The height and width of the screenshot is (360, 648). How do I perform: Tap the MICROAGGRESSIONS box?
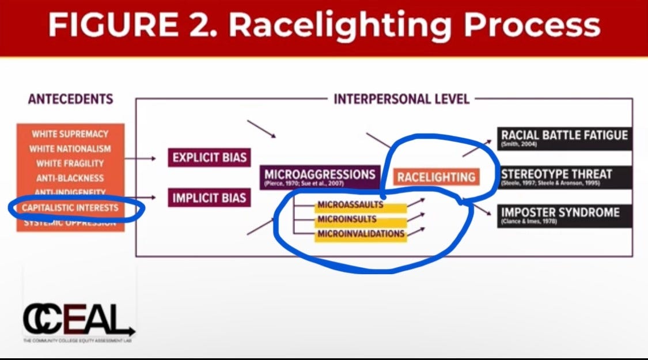[x=320, y=176]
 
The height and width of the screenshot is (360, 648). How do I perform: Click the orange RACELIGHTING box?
[x=437, y=176]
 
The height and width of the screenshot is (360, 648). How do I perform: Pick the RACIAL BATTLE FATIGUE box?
[x=564, y=138]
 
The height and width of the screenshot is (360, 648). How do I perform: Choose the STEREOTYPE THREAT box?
[x=564, y=176]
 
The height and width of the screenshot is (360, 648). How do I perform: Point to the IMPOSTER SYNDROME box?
[x=564, y=215]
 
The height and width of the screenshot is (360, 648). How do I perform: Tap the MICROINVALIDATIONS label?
[x=360, y=234]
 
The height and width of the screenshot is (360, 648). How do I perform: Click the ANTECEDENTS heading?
[x=70, y=99]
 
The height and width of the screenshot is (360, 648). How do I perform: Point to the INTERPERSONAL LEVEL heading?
[x=401, y=99]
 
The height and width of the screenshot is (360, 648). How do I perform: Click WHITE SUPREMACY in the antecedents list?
[x=70, y=134]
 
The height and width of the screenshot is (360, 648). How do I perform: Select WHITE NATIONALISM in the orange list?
[x=70, y=149]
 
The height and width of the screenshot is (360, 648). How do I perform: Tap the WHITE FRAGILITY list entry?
[x=70, y=164]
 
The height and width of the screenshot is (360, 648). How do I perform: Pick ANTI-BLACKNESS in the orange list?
[x=70, y=178]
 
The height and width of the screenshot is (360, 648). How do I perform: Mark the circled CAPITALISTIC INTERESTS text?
[x=70, y=207]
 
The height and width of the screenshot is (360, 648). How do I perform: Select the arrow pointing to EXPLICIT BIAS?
[x=141, y=158]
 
